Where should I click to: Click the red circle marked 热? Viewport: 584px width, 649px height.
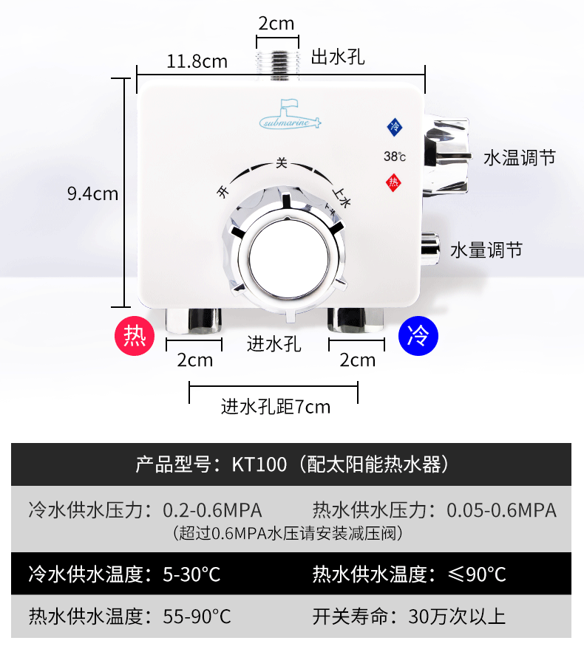(135, 336)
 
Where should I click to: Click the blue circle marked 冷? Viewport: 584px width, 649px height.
(418, 336)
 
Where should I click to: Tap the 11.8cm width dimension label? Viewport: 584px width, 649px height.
(197, 61)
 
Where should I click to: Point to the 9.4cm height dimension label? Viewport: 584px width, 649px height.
(92, 193)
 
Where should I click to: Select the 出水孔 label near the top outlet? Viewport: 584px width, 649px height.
(338, 56)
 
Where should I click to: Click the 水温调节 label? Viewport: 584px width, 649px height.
(519, 157)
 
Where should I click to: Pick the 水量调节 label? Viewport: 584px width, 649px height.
(486, 250)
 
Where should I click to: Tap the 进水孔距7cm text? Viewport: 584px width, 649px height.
(275, 406)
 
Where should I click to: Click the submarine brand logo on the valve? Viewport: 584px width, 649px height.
(291, 117)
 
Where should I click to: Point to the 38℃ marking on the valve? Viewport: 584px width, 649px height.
(394, 156)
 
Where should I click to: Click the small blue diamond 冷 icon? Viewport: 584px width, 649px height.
(395, 126)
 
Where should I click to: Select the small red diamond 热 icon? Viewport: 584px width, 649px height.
(394, 182)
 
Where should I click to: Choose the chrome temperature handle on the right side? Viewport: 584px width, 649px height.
(446, 156)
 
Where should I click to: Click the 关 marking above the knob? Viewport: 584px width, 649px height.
(281, 162)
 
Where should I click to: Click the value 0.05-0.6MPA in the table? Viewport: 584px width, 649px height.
(501, 509)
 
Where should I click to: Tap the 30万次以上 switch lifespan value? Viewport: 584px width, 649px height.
(452, 616)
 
